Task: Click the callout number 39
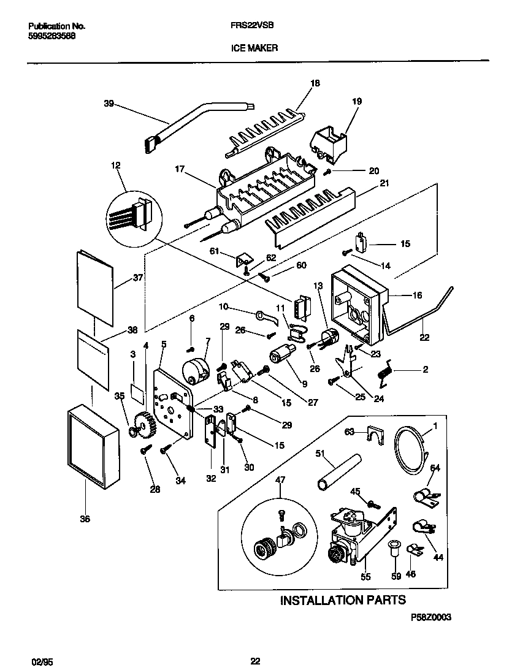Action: click(109, 104)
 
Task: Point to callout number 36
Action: click(85, 519)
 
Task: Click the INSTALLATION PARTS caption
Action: click(343, 600)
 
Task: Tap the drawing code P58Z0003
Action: click(430, 618)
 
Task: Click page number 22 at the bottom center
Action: click(256, 661)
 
